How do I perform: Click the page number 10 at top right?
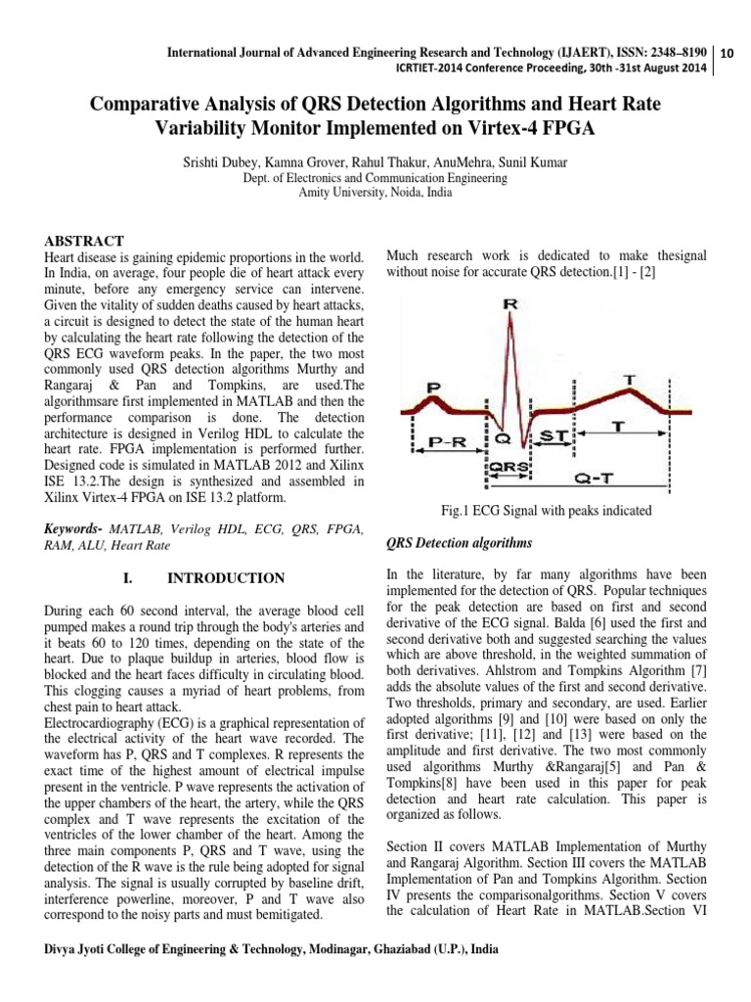click(x=728, y=55)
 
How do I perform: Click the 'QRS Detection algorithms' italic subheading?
click(x=460, y=542)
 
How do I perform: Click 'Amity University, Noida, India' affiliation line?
click(x=375, y=193)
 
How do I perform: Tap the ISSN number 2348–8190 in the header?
click(x=676, y=50)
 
